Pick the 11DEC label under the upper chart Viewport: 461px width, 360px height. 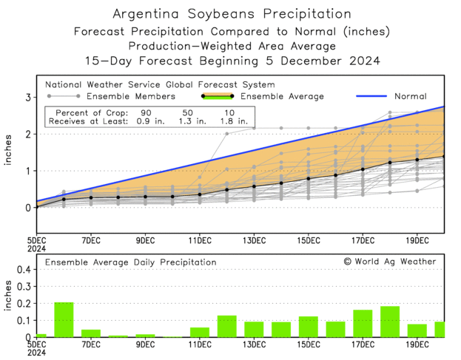pyautogui.click(x=200, y=241)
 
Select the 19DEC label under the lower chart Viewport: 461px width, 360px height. pyautogui.click(x=417, y=344)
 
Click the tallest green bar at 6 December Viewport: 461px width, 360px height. pyautogui.click(x=64, y=319)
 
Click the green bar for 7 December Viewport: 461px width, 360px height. pyautogui.click(x=91, y=333)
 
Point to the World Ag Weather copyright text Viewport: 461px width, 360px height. pyautogui.click(x=390, y=262)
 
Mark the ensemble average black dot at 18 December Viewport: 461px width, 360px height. pyautogui.click(x=390, y=163)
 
